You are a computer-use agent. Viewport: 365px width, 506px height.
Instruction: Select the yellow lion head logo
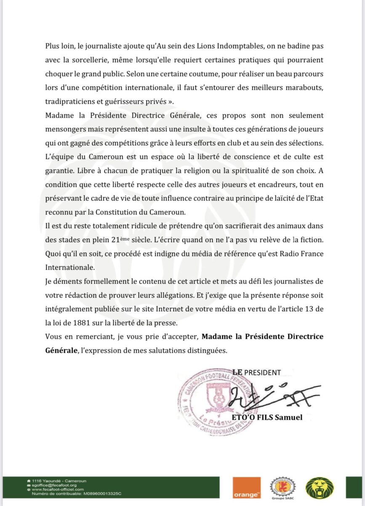318,489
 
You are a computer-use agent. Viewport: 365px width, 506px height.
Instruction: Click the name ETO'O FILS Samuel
267,417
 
